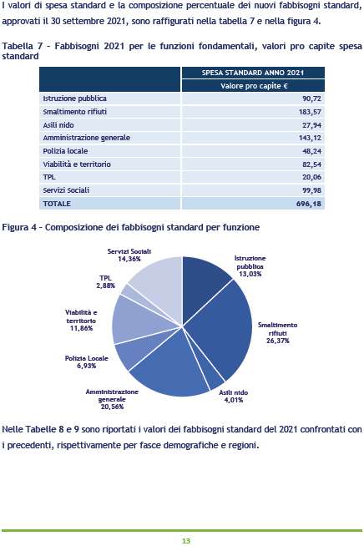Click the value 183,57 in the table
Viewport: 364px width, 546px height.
310,112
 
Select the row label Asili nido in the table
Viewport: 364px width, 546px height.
58,124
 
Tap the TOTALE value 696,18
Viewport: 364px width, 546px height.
309,204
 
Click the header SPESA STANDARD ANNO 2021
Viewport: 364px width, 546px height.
253,73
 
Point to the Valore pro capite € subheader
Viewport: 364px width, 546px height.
254,86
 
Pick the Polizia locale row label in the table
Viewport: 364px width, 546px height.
65,151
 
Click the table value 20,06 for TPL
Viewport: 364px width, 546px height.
311,177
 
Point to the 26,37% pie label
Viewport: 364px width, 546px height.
278,341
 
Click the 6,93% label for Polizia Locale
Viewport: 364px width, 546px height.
86,366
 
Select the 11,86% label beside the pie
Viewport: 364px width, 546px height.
81,328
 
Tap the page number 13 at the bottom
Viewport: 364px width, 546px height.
186,541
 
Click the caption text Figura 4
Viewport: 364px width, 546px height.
19,227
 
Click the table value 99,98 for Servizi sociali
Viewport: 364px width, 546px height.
311,190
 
